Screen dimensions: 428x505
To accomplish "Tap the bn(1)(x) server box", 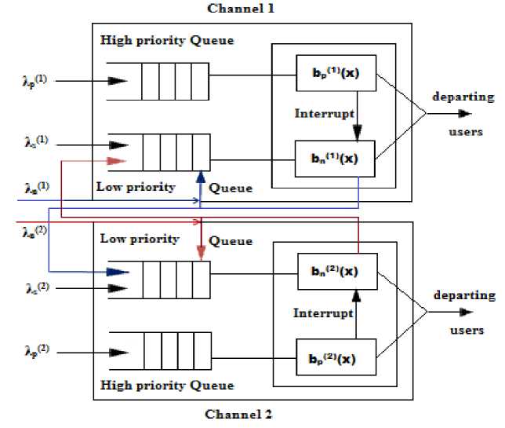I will pyautogui.click(x=336, y=158).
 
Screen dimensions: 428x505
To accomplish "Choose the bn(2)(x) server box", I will pyautogui.click(x=336, y=272).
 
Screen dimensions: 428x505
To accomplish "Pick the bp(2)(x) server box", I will pyautogui.click(x=336, y=356).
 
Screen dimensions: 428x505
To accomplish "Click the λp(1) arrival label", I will pyautogui.click(x=35, y=80).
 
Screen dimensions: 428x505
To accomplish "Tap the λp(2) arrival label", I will pyautogui.click(x=35, y=347).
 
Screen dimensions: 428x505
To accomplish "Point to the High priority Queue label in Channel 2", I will pyautogui.click(x=167, y=386).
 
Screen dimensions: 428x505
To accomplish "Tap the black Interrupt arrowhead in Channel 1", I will pyautogui.click(x=357, y=133).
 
